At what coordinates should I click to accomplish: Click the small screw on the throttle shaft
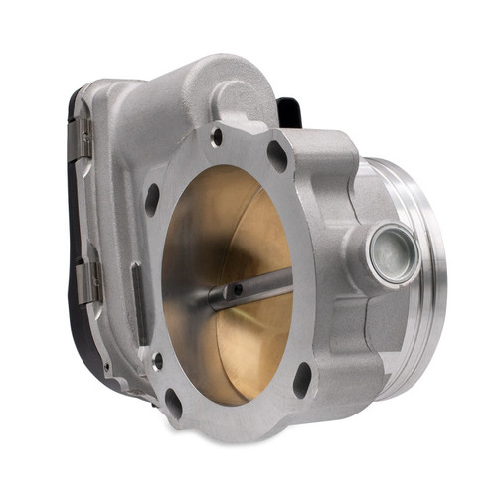pos(238,290)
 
